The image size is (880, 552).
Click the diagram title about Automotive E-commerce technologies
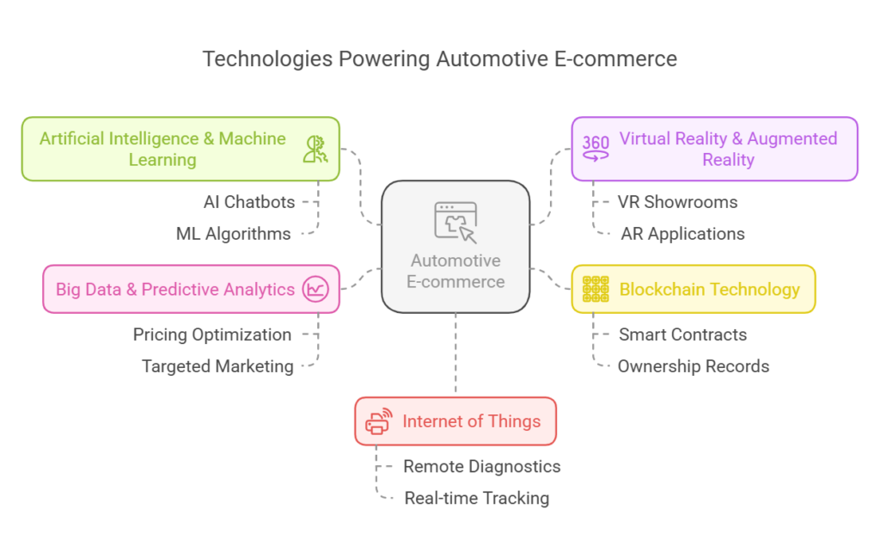coord(439,59)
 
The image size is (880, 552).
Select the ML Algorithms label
coord(233,233)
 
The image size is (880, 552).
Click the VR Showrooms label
coord(677,202)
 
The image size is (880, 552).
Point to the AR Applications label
coord(682,233)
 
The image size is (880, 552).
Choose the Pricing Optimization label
coord(212,334)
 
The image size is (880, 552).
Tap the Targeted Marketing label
coord(217,366)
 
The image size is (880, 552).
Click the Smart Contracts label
coord(682,334)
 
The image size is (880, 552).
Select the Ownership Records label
coord(693,366)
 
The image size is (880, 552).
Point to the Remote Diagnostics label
coord(481,466)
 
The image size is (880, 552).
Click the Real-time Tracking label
coord(476,498)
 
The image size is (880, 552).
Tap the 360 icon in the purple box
coord(596,148)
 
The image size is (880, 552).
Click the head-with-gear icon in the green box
coord(315,149)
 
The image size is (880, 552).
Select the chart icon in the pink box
coord(315,290)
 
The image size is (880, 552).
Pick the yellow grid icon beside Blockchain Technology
coord(596,289)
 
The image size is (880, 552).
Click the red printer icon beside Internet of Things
coord(378,421)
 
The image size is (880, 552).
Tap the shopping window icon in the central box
coord(455,222)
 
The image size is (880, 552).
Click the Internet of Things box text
coord(472,421)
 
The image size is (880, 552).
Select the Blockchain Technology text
coord(709,289)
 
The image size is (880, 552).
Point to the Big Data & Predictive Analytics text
coord(175,290)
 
